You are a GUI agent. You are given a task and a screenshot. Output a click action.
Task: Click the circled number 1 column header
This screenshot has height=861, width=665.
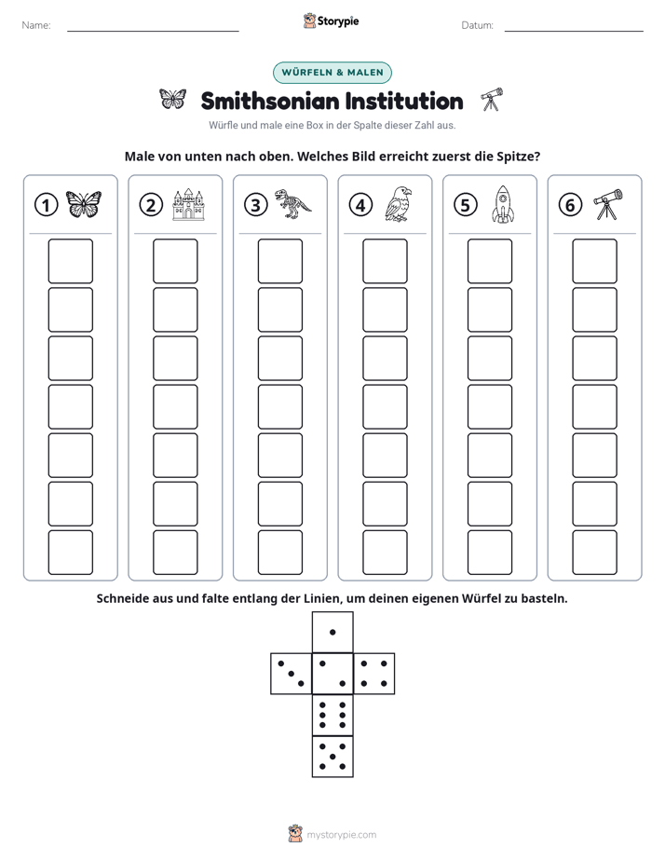click(x=46, y=205)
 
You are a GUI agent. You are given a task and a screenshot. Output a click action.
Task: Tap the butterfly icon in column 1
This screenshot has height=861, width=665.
click(x=84, y=204)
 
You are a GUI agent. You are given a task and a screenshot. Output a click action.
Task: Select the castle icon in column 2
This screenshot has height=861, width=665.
click(x=188, y=204)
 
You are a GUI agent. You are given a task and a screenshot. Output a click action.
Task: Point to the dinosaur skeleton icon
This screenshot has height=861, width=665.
click(x=292, y=203)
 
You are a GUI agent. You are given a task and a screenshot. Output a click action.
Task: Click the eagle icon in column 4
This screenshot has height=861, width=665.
click(x=399, y=204)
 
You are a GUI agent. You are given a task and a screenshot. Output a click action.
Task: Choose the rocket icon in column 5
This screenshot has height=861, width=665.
click(x=503, y=205)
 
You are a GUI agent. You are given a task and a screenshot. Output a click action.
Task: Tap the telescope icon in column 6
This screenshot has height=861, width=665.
click(x=608, y=204)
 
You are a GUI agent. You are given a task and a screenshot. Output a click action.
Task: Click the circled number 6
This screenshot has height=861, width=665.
click(x=570, y=205)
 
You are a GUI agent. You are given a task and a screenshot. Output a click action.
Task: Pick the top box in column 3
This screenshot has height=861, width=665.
click(x=279, y=261)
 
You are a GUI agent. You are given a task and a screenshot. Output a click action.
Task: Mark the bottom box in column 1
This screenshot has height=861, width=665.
click(x=70, y=553)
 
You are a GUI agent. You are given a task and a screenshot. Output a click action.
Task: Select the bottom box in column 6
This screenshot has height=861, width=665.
click(x=594, y=553)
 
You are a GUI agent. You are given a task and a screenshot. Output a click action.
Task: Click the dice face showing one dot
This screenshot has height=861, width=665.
click(x=332, y=632)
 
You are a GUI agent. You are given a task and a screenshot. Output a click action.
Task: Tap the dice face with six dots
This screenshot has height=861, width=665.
click(x=332, y=715)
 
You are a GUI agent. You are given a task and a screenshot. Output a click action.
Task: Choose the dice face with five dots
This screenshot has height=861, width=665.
click(x=332, y=757)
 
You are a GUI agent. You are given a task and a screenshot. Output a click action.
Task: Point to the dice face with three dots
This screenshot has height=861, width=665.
click(x=292, y=673)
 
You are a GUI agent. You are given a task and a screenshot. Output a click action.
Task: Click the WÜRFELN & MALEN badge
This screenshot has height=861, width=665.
click(x=332, y=73)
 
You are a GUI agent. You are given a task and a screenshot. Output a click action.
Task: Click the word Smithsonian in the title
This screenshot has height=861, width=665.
click(x=270, y=101)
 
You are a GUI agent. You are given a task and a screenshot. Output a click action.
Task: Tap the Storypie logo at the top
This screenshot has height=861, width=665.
click(x=331, y=20)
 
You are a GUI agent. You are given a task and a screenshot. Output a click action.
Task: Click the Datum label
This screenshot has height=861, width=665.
click(x=478, y=25)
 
